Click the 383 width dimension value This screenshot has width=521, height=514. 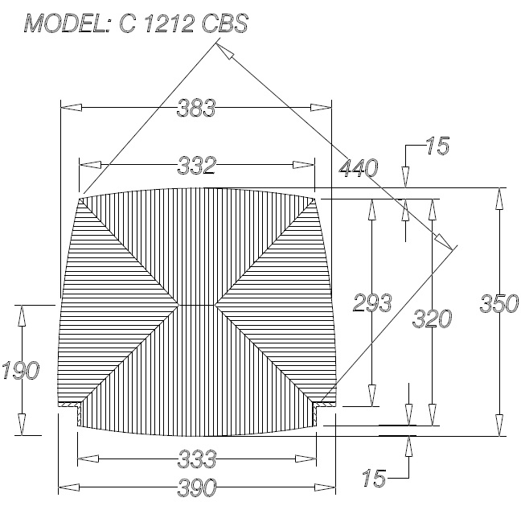(x=196, y=108)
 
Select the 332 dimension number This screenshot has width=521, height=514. (x=197, y=166)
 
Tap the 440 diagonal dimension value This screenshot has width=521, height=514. (x=359, y=167)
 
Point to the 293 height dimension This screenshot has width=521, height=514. (x=372, y=302)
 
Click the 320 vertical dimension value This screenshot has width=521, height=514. (x=432, y=319)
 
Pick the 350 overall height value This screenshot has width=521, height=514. (x=499, y=303)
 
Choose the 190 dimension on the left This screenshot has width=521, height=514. (x=21, y=370)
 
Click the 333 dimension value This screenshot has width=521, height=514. (x=197, y=459)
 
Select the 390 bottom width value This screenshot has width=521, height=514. (x=197, y=487)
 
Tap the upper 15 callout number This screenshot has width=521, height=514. (x=437, y=146)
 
